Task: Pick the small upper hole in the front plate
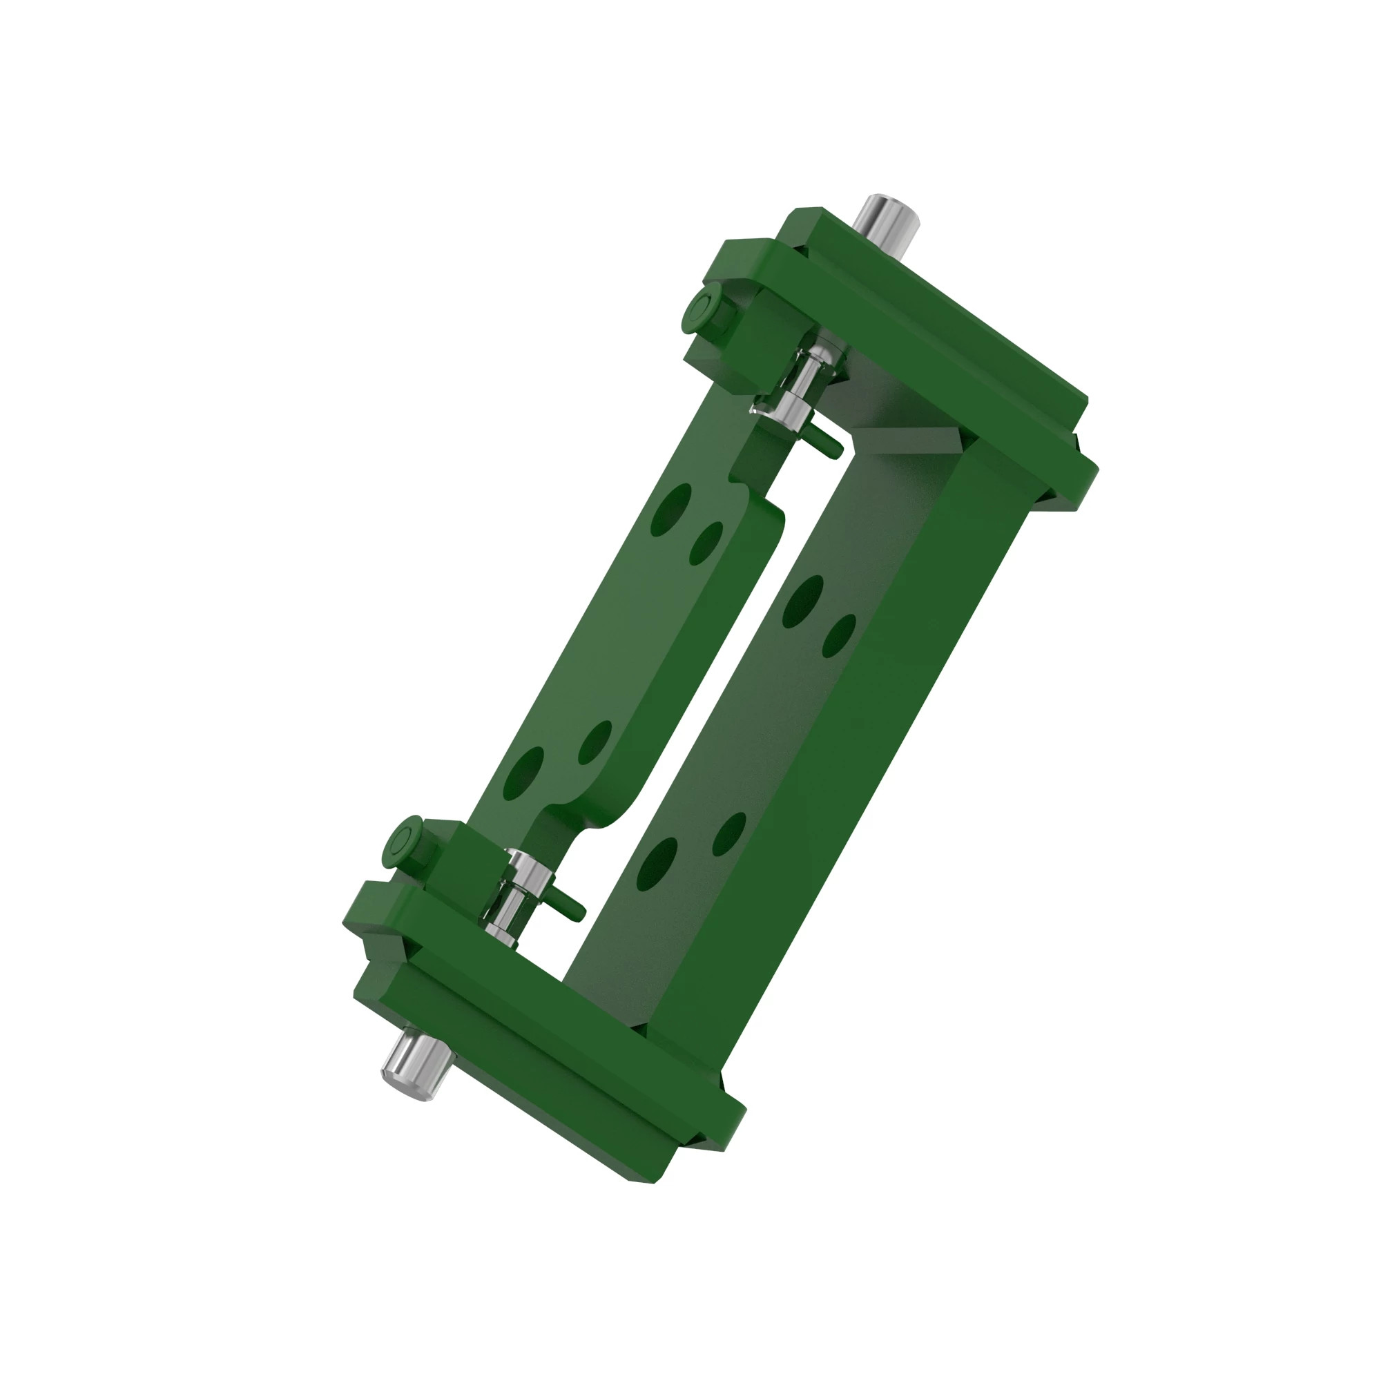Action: pyautogui.click(x=706, y=543)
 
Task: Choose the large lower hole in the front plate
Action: pyautogui.click(x=523, y=774)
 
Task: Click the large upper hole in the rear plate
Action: pyautogui.click(x=803, y=601)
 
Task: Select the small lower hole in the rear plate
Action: pyautogui.click(x=729, y=833)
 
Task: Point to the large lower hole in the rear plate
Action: pyautogui.click(x=657, y=865)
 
